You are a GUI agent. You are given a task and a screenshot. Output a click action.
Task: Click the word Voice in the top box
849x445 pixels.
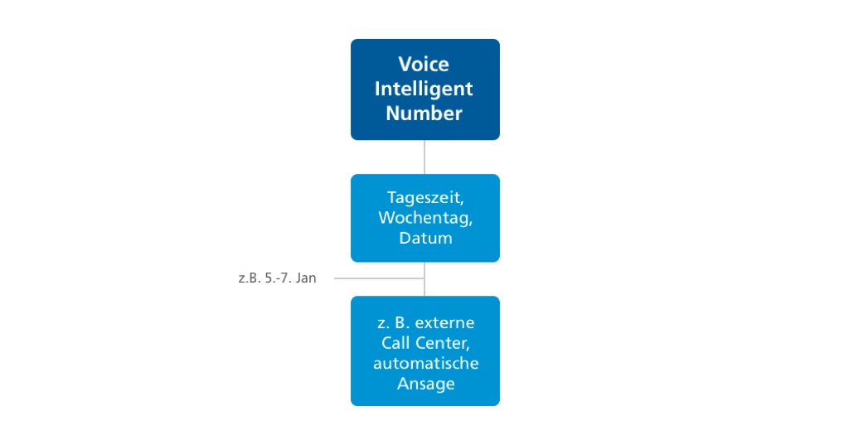424,65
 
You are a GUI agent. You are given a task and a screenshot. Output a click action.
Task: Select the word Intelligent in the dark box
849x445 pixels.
424,89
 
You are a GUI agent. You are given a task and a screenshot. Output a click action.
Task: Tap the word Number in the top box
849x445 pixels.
424,113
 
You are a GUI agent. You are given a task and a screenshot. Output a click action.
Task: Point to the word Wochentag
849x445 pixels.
424,218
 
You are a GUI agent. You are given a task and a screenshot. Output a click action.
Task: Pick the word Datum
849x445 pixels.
424,238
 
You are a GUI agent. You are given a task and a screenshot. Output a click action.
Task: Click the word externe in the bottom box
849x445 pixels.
446,322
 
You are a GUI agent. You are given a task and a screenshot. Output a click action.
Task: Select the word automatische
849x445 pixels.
425,363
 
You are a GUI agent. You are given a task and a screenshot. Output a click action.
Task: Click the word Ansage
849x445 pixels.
425,384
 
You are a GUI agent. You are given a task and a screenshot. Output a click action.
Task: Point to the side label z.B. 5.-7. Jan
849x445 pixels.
277,278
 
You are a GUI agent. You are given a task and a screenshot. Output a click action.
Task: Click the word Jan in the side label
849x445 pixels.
306,278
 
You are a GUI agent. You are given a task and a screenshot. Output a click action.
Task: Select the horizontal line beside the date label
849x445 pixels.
378,278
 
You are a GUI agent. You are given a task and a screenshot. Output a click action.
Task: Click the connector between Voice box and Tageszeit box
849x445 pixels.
424,157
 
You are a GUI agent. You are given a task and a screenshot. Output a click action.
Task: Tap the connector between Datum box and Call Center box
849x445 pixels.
424,287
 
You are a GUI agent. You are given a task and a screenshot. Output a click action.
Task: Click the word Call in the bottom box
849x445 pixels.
396,343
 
